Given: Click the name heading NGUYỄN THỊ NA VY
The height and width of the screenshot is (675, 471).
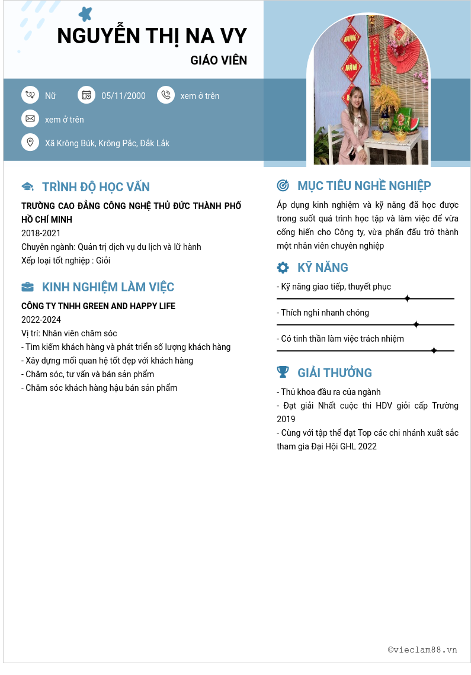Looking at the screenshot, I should coord(152,36).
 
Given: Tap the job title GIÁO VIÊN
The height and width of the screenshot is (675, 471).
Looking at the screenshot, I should coord(219,60).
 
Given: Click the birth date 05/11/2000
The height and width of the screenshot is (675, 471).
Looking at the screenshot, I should coord(123,96).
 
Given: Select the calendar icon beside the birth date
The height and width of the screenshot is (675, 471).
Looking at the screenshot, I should coord(86,95).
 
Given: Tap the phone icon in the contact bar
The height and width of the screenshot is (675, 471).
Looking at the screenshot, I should coord(166,95).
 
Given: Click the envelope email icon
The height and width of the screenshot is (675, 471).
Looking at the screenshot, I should coord(30,118).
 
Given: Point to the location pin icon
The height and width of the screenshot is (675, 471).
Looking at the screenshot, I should coord(30,142).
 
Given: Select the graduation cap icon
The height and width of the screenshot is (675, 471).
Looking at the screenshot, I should coord(27,187).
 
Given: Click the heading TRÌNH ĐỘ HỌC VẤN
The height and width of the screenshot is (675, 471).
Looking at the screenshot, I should coord(96,187).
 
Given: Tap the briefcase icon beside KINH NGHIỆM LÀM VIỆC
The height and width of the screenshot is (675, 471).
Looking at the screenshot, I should coord(27,287).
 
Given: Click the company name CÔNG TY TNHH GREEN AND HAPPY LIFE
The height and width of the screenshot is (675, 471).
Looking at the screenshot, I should coord(98,306).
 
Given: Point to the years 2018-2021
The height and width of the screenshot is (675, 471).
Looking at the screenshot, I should coord(41,233).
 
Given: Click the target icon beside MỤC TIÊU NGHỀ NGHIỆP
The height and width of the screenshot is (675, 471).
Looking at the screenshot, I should coord(283,186).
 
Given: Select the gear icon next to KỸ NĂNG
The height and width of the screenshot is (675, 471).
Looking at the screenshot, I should coord(283,268).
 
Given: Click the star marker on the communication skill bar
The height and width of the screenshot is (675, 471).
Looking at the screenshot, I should coord(407,298).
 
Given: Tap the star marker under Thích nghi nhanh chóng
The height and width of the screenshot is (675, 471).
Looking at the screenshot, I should coord(416,324).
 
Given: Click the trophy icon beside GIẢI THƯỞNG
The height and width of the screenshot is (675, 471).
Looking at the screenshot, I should coord(283,372).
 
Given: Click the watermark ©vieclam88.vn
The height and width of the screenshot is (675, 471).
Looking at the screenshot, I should coord(422,650).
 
